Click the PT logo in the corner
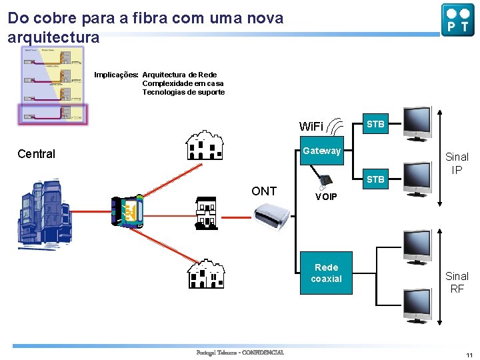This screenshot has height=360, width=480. (457, 19)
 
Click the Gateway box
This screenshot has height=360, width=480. (321, 151)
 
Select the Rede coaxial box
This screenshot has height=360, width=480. (326, 273)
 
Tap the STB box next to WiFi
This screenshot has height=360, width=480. (375, 124)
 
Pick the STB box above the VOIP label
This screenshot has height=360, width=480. (375, 179)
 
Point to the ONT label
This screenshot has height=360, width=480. (264, 191)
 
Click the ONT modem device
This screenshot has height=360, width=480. (272, 215)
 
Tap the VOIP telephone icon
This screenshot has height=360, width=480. (327, 181)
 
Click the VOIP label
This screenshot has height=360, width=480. (326, 197)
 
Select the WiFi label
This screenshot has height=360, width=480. (311, 127)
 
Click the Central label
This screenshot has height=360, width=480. (36, 154)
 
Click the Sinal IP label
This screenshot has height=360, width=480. (457, 163)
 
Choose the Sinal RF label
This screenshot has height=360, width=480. (457, 282)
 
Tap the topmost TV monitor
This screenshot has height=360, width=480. (419, 122)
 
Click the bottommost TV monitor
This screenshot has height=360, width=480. (419, 305)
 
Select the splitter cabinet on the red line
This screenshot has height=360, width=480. (128, 212)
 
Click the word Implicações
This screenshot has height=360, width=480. (116, 75)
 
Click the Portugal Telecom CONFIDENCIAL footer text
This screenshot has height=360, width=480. (240, 353)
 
